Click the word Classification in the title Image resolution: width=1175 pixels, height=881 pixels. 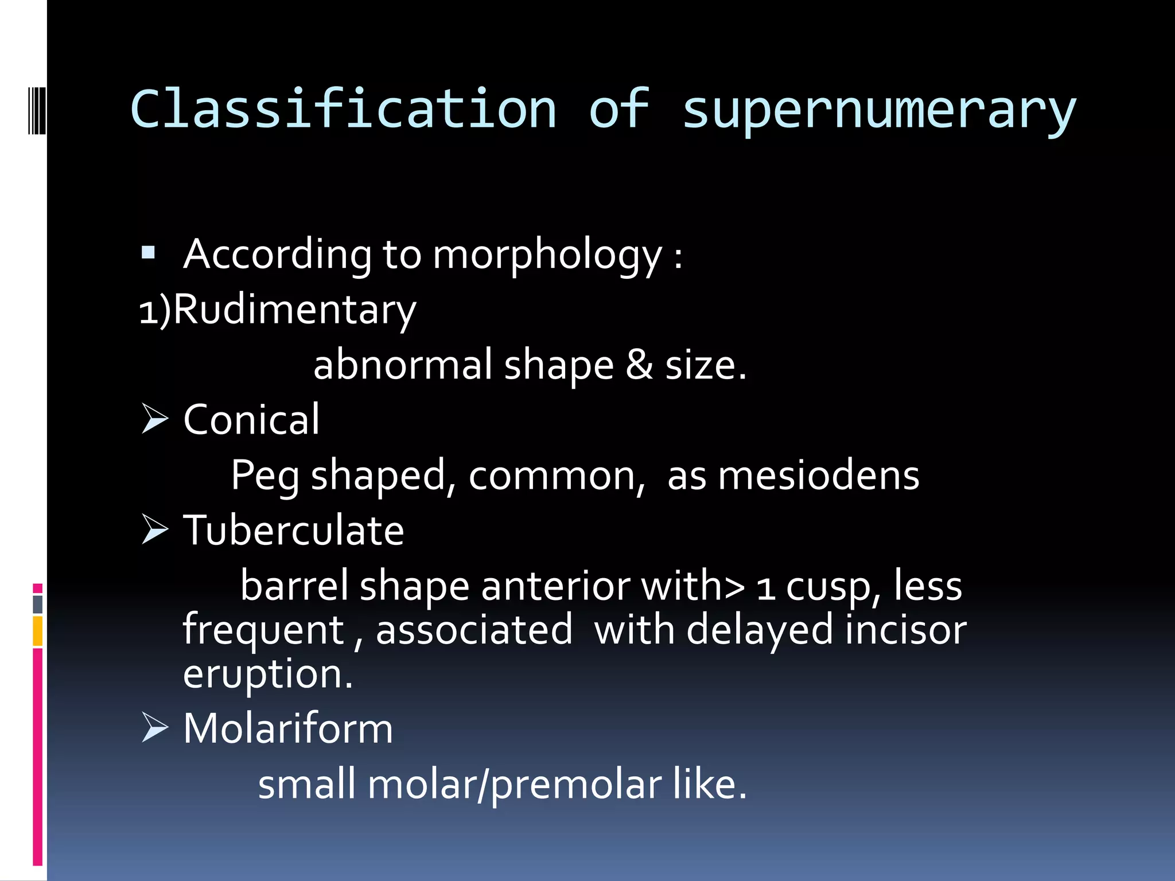coord(343,109)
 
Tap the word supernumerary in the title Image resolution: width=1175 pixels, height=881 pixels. coord(879,110)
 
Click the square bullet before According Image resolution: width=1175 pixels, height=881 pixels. coord(148,252)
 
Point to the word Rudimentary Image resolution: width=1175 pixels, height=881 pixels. coord(294,310)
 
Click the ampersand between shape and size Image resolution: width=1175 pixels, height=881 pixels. coord(639,365)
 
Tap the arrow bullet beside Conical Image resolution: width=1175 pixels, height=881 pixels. coord(154,419)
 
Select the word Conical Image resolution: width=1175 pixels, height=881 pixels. coord(251,420)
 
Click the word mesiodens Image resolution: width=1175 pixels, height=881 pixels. coord(818,476)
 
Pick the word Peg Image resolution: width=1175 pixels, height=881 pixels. coord(264,476)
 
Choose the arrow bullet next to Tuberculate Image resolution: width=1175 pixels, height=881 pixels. coord(154,529)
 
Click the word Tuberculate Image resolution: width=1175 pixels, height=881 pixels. coord(293,531)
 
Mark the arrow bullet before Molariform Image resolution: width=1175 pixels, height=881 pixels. coord(154,728)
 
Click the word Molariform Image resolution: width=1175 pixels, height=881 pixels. coord(288,729)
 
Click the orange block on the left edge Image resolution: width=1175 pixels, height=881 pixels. coord(38,631)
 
